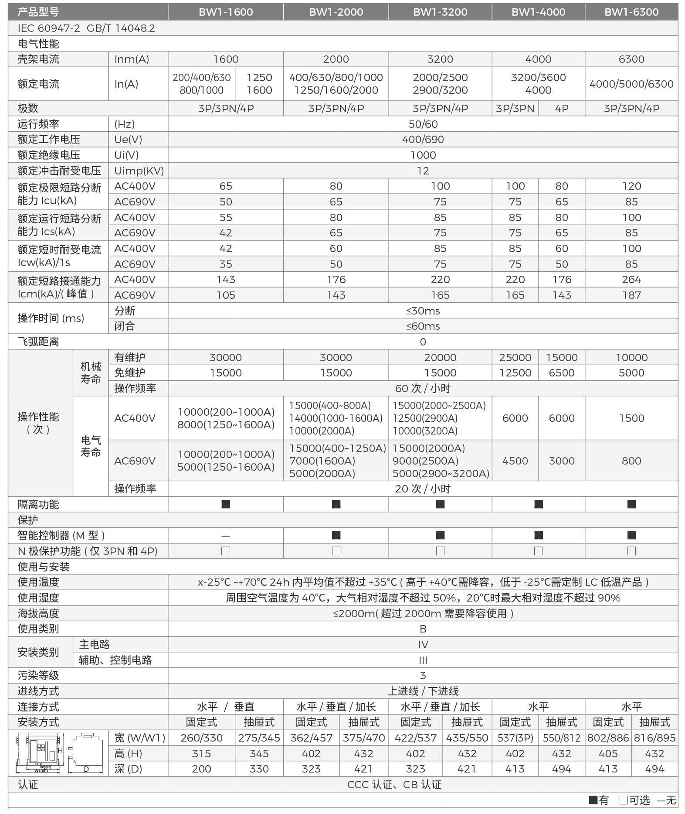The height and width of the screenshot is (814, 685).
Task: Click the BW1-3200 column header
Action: pos(440,12)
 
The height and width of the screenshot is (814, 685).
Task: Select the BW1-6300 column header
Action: pos(631,12)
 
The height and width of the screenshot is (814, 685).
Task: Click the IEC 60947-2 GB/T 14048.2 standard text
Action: pos(86,28)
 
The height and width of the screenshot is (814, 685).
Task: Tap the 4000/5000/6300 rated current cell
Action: pos(631,84)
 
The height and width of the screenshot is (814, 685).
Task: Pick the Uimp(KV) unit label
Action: pos(139,171)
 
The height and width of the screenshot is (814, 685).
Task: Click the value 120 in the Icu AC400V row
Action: pos(631,186)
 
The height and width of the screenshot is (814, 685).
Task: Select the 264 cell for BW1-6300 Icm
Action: pos(631,280)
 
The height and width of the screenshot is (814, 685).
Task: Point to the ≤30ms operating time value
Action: pos(423,311)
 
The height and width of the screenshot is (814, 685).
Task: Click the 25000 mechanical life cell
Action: pos(515,358)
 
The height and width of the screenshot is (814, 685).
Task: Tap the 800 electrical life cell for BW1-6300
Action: pos(631,461)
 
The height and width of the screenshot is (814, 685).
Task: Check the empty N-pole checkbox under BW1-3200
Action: pos(440,551)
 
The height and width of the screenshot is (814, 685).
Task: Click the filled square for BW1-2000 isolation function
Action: pos(336,504)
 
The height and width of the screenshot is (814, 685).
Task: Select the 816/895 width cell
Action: pos(654,738)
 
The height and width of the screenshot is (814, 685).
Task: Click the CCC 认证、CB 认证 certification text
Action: pos(394,785)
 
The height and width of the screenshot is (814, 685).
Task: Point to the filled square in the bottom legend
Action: pos(593,800)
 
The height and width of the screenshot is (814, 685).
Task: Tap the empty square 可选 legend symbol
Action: pos(623,800)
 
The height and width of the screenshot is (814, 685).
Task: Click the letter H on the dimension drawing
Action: pos(61,750)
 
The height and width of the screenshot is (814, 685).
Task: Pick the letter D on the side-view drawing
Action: pos(86,769)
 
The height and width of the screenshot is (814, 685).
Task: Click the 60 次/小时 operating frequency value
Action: pos(423,388)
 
